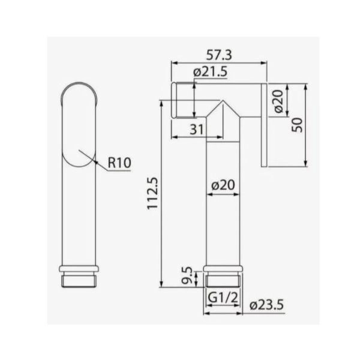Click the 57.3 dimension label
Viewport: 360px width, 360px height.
click(219, 55)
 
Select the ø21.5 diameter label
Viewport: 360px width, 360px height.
click(211, 72)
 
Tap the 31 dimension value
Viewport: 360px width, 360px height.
click(197, 130)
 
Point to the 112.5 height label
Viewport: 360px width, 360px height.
click(152, 193)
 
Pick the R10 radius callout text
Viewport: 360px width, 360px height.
click(119, 163)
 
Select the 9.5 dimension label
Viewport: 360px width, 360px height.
click(187, 275)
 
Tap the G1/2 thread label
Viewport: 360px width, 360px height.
click(223, 298)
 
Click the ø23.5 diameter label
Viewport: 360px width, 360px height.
click(266, 305)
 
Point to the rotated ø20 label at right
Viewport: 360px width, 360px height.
click(279, 101)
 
